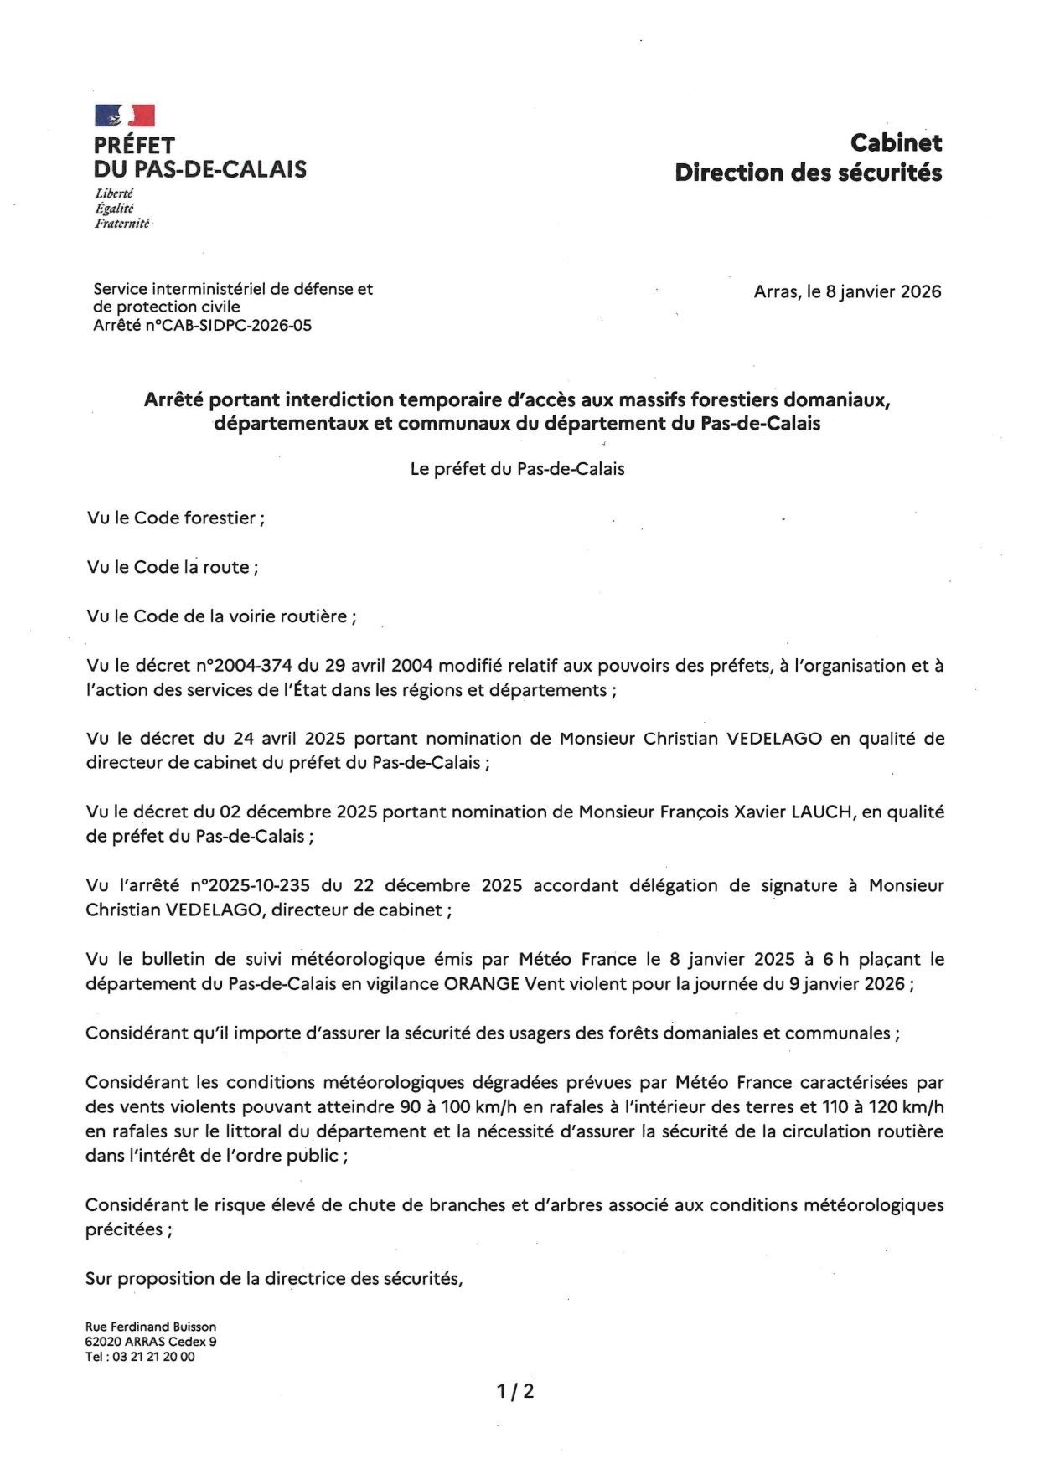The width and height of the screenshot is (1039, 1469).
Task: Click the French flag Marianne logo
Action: pos(125,116)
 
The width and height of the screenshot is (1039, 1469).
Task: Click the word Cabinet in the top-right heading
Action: pos(896,143)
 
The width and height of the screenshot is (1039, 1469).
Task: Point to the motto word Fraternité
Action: pos(122,224)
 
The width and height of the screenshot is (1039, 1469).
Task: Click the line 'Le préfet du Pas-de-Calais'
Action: pos(517,469)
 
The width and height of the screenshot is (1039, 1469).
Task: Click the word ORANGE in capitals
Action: pos(482,984)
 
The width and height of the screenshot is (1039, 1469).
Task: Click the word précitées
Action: pos(125,1230)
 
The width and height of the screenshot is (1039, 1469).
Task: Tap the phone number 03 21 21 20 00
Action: pos(147,1357)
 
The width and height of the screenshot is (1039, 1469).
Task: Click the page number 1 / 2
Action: pos(515,1392)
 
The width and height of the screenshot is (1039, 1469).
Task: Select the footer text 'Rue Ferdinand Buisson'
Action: pos(151,1327)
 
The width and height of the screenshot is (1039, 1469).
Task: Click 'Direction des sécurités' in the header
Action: pos(809,173)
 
